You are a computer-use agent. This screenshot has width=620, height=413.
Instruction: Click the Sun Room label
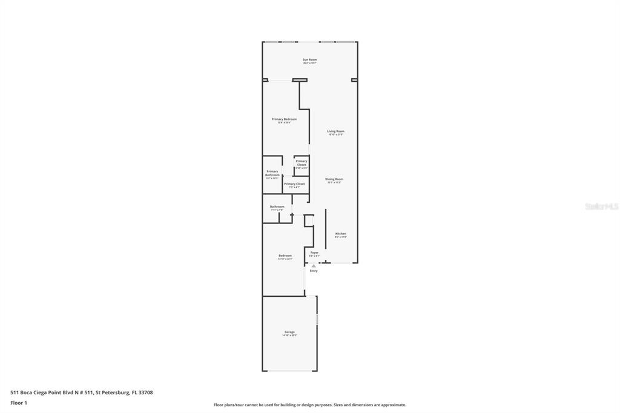(x=309, y=59)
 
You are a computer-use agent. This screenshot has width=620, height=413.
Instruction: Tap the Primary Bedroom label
(x=284, y=119)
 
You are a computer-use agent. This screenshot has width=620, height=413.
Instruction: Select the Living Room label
(x=335, y=131)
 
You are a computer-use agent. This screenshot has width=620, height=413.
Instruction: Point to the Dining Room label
(x=334, y=179)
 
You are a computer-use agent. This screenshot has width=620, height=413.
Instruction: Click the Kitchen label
(x=341, y=234)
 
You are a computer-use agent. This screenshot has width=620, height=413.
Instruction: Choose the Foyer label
(x=314, y=253)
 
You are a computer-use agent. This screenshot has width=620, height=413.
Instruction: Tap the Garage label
(x=289, y=332)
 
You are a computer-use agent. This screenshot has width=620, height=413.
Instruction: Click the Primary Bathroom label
(x=272, y=173)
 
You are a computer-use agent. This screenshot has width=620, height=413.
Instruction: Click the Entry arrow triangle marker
(x=314, y=265)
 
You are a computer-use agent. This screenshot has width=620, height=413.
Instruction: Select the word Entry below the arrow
(x=314, y=271)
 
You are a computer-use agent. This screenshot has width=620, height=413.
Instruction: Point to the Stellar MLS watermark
(x=601, y=206)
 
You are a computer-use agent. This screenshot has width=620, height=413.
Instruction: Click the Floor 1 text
(x=19, y=403)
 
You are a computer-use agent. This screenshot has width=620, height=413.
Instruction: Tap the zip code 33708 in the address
(x=145, y=392)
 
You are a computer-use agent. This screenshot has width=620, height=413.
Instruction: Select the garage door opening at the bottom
(x=289, y=371)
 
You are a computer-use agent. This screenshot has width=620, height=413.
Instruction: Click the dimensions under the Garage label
(x=289, y=335)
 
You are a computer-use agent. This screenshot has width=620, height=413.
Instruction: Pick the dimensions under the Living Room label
(x=335, y=135)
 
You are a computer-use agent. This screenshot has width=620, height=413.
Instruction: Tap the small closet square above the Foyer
(x=309, y=221)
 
